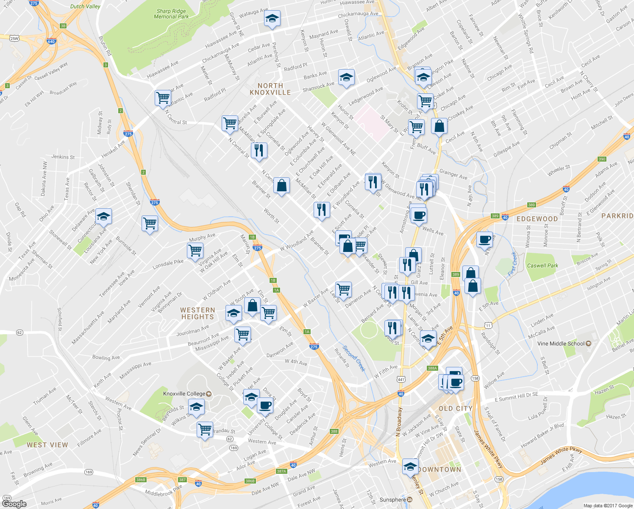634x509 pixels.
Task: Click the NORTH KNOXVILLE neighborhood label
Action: pyautogui.click(x=270, y=89)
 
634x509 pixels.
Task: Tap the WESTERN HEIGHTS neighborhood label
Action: pyautogui.click(x=197, y=313)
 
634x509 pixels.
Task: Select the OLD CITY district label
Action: pyautogui.click(x=455, y=408)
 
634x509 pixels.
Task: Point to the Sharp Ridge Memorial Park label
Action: pyautogui.click(x=171, y=14)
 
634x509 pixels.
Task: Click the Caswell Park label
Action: pyautogui.click(x=542, y=266)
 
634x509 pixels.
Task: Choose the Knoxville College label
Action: pyautogui.click(x=185, y=394)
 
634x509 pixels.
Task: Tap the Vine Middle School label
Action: pyautogui.click(x=561, y=344)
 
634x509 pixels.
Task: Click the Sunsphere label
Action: pyautogui.click(x=393, y=500)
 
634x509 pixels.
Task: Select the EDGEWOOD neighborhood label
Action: pyautogui.click(x=537, y=219)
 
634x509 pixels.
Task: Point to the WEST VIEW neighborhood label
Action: pyautogui.click(x=47, y=445)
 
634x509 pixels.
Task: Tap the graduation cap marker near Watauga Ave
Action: pyautogui.click(x=272, y=19)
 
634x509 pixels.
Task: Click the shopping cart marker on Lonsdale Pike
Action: pyautogui.click(x=195, y=250)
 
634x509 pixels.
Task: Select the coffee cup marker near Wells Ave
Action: pyautogui.click(x=418, y=215)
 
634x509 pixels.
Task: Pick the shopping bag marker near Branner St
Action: pyautogui.click(x=281, y=185)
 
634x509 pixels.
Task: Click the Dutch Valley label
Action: pyautogui.click(x=85, y=6)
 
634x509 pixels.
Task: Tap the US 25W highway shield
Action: pyautogui.click(x=14, y=39)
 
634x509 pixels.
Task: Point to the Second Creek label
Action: pyautogui.click(x=354, y=358)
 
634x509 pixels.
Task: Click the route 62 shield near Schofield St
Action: pyautogui.click(x=19, y=333)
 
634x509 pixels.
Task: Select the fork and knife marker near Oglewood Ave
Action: pyautogui.click(x=259, y=150)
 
